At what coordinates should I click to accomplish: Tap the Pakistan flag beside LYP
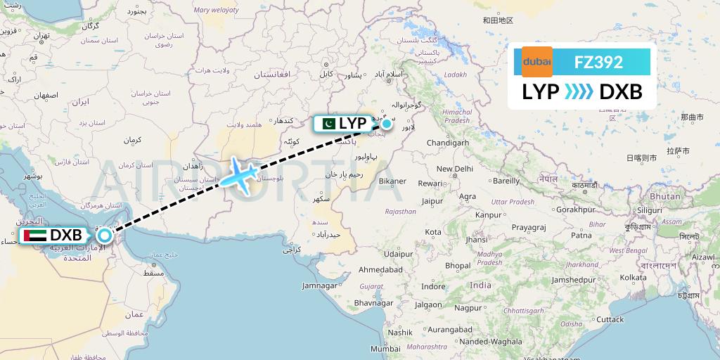click(328, 124)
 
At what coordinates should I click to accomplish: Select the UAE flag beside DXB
click(33, 236)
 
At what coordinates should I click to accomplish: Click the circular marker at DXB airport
click(104, 236)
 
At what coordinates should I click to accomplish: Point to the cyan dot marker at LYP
click(387, 124)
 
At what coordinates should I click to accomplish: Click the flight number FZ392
click(598, 62)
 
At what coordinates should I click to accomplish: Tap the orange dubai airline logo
click(537, 62)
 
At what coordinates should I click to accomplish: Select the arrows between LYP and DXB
click(579, 91)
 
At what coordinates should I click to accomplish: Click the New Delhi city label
click(454, 169)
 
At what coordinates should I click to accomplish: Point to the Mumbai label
click(385, 349)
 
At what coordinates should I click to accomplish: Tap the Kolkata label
click(634, 278)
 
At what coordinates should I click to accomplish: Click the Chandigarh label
click(448, 143)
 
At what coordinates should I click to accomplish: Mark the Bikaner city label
click(392, 181)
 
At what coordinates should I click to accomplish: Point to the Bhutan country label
click(664, 196)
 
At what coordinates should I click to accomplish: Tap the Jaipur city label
click(432, 200)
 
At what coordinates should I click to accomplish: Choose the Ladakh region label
click(455, 75)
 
